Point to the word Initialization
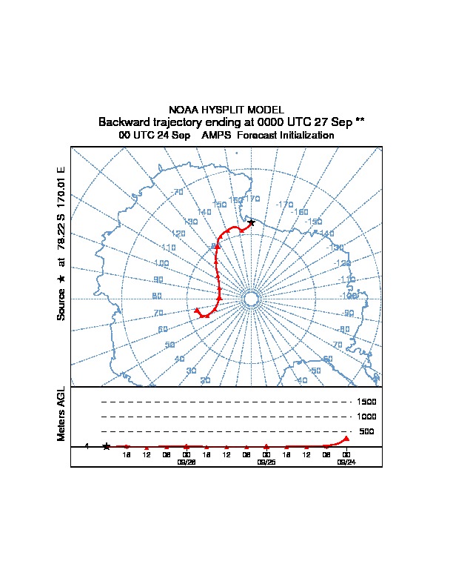pos(303,136)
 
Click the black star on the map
pos(252,222)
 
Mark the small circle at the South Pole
pos(250,299)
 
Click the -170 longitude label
pos(284,205)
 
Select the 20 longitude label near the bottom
pos(205,380)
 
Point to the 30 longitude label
pos(191,371)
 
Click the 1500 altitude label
pos(367,402)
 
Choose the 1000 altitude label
pos(367,417)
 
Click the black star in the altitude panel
pos(107,446)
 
